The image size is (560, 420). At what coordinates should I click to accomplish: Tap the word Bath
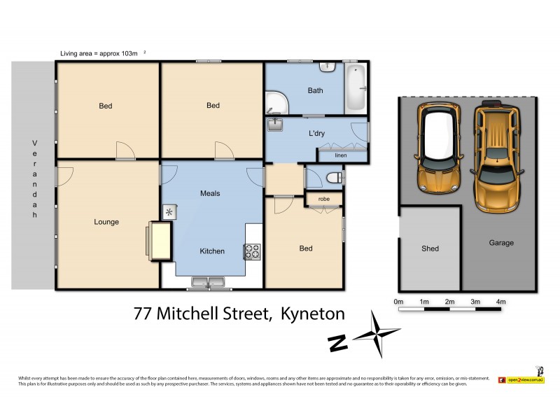[315, 90]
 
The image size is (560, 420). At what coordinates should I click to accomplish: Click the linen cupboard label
[341, 155]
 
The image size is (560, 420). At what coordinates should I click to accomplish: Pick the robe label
[323, 199]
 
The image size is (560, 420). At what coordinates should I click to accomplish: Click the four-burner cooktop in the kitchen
[251, 251]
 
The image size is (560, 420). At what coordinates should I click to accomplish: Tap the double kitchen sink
[209, 283]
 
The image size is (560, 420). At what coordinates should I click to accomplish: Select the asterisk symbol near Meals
[169, 211]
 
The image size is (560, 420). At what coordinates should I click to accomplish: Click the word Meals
[211, 193]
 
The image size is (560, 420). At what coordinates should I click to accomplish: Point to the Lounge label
[106, 222]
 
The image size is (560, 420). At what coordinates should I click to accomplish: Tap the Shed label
[430, 248]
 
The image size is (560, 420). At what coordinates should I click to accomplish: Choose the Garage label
[501, 243]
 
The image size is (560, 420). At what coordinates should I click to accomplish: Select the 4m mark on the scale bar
[500, 302]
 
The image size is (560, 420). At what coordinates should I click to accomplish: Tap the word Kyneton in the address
[312, 314]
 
